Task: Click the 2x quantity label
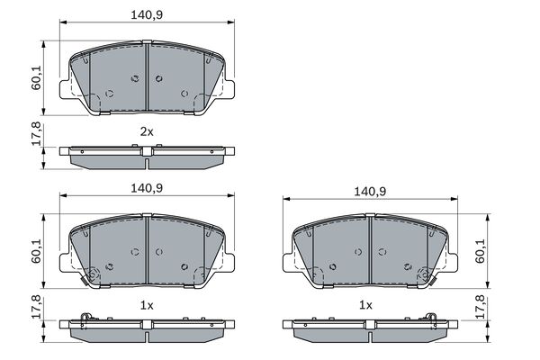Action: point(148,131)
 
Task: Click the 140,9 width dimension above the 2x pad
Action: point(148,13)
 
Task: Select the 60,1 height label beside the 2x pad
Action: point(37,79)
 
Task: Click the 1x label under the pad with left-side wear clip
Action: point(148,305)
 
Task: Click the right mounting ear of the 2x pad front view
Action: point(229,90)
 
